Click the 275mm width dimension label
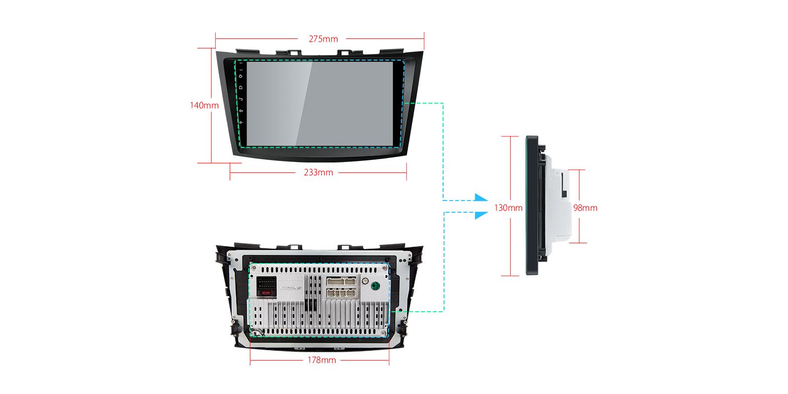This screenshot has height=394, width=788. click(x=323, y=39)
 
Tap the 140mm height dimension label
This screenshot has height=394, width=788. click(x=204, y=105)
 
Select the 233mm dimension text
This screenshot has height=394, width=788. click(x=318, y=172)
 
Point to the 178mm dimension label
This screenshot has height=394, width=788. click(x=322, y=360)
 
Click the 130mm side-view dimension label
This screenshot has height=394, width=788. click(x=508, y=208)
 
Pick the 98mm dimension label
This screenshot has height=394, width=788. click(x=585, y=208)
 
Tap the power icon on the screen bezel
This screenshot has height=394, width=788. click(x=241, y=76)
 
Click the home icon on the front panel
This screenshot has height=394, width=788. click(x=241, y=88)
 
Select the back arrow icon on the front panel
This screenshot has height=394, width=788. click(x=241, y=99)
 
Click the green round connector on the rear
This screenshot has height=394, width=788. click(x=376, y=286)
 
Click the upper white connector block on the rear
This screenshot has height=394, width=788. click(x=340, y=281)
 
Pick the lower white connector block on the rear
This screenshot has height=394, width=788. click(x=340, y=293)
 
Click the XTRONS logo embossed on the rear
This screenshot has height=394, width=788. click(x=291, y=287)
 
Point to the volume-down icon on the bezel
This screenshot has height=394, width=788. click(x=241, y=122)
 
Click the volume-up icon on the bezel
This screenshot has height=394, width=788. click(x=241, y=111)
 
